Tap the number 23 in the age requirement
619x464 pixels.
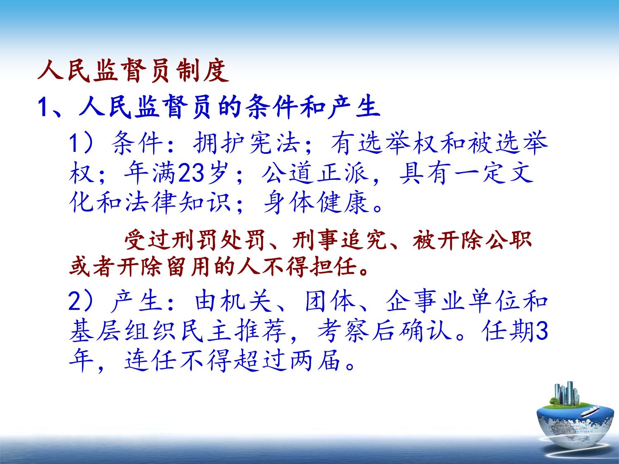(x=191, y=173)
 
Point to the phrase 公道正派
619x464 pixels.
(x=315, y=173)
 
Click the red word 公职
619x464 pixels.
(x=511, y=240)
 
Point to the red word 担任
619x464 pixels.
(x=332, y=266)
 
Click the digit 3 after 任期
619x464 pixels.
(x=542, y=331)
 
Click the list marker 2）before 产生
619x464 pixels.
(x=80, y=301)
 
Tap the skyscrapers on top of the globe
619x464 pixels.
(x=567, y=394)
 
